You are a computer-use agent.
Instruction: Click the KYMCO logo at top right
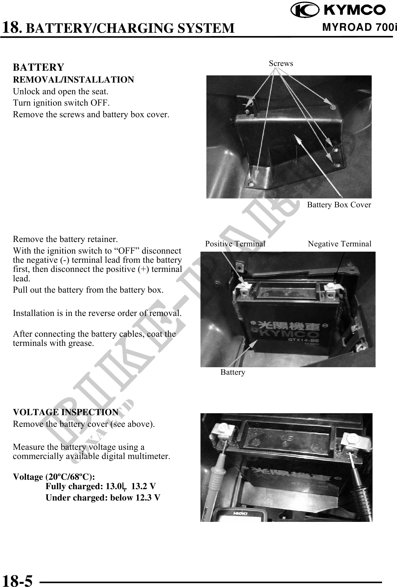(338, 11)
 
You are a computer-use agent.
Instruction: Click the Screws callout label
(281, 63)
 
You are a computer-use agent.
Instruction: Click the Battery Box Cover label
(339, 205)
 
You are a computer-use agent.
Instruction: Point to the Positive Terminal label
(235, 244)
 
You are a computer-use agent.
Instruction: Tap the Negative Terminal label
(339, 244)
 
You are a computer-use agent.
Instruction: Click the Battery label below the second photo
(233, 372)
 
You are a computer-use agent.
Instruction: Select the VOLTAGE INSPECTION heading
(66, 412)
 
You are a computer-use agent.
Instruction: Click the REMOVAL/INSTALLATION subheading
(73, 80)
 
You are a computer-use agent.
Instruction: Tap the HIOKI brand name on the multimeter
(240, 514)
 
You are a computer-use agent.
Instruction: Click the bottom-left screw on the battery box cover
(251, 184)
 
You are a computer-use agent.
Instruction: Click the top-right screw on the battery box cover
(333, 107)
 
